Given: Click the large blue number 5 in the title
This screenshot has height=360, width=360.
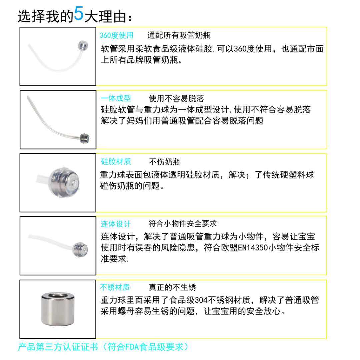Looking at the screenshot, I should [x=79, y=14].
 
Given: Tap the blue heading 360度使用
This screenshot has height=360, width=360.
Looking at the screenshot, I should [x=116, y=35].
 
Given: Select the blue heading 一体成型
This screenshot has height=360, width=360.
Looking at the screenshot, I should [x=116, y=98].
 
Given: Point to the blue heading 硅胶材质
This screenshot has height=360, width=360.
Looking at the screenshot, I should [x=116, y=162].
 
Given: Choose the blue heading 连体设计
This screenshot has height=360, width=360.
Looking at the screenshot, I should [x=116, y=224].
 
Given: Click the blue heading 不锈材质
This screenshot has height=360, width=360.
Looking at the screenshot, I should [x=115, y=287].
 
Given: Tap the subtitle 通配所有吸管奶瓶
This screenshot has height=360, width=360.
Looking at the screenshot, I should [x=179, y=35].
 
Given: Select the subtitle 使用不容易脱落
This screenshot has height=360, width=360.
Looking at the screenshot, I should [x=176, y=98].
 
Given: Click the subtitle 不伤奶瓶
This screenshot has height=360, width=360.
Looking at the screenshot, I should [x=165, y=162].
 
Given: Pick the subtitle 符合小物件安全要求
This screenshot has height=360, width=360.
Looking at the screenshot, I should [x=183, y=224].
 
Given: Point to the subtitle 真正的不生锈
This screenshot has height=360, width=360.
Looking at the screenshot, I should [x=172, y=287].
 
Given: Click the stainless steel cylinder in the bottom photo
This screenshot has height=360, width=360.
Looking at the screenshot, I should [x=57, y=309].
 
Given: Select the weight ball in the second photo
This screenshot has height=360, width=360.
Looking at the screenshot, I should [x=84, y=137].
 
